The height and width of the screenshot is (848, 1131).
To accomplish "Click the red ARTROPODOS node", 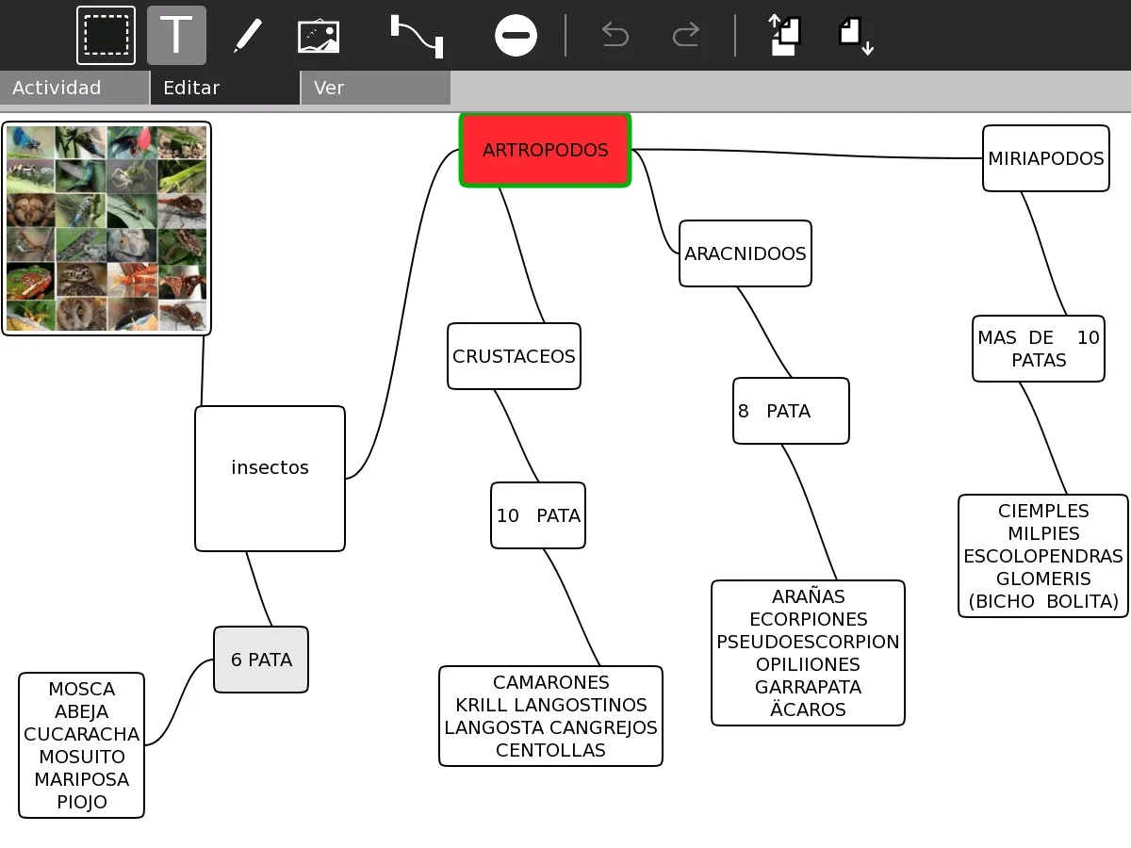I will pyautogui.click(x=545, y=150).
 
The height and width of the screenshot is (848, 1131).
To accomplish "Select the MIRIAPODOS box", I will pyautogui.click(x=1045, y=158).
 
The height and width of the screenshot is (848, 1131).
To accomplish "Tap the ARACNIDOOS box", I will pyautogui.click(x=745, y=253).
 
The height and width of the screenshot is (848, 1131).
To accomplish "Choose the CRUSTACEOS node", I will pyautogui.click(x=514, y=356).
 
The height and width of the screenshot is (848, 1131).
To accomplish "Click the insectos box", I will pyautogui.click(x=270, y=478).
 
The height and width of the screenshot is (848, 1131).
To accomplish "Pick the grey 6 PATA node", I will pyautogui.click(x=261, y=660).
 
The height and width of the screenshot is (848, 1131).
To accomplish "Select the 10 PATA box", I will pyautogui.click(x=538, y=515).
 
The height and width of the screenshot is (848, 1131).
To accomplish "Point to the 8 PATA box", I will pyautogui.click(x=791, y=411).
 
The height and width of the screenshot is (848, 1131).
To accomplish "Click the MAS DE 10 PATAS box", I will pyautogui.click(x=1038, y=349).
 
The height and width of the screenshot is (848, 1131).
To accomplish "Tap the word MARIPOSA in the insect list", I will pyautogui.click(x=82, y=779).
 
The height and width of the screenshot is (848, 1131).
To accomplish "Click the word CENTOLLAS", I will pyautogui.click(x=550, y=750).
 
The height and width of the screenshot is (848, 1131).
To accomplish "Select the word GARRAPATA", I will pyautogui.click(x=808, y=687).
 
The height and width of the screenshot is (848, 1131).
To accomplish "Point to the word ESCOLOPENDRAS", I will pyautogui.click(x=1043, y=556).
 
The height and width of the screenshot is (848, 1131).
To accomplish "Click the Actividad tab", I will pyautogui.click(x=57, y=88).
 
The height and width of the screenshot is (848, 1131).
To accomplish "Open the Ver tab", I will pyautogui.click(x=329, y=88).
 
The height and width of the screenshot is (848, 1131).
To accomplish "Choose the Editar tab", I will pyautogui.click(x=191, y=88).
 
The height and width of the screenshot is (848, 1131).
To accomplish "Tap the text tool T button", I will pyautogui.click(x=176, y=36).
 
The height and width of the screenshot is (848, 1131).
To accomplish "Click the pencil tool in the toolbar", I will pyautogui.click(x=247, y=36).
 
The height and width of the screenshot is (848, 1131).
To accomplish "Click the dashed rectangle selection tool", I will pyautogui.click(x=106, y=36).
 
